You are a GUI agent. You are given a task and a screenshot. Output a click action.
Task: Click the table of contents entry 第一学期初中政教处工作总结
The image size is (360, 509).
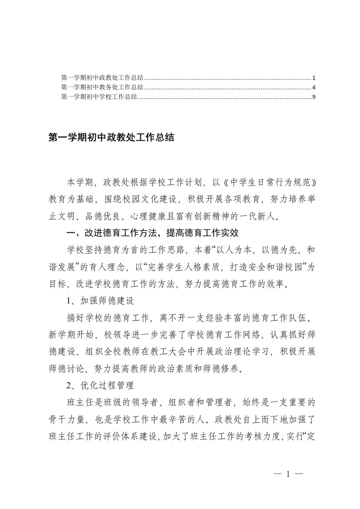coord(102,78)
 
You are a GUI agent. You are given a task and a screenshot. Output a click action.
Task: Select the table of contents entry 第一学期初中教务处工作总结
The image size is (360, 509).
coord(102,87)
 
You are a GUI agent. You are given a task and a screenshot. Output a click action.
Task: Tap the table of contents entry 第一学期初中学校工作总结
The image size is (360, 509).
coord(99,97)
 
